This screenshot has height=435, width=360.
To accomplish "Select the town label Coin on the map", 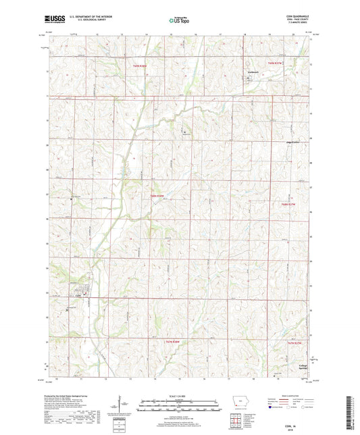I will coord(78,295).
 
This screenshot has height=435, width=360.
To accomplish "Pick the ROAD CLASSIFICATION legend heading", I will coord(288,395).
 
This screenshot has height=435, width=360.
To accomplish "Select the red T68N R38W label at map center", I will coord(157,196).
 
